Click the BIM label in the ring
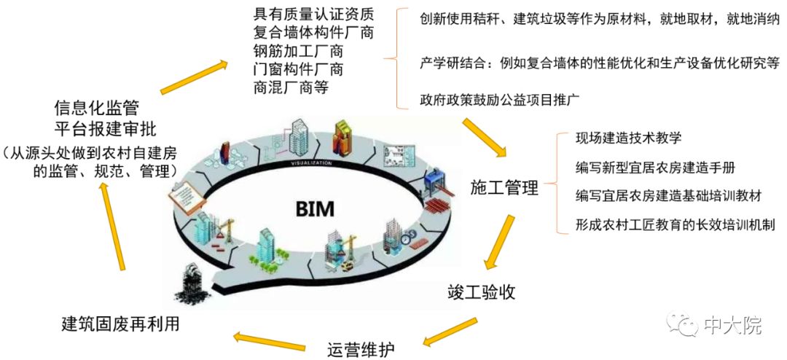point(315,208)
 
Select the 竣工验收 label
point(482,292)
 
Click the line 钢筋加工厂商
point(298,52)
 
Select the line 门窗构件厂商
point(298,70)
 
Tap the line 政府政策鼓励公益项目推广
point(499,98)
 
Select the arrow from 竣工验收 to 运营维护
point(450,331)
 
